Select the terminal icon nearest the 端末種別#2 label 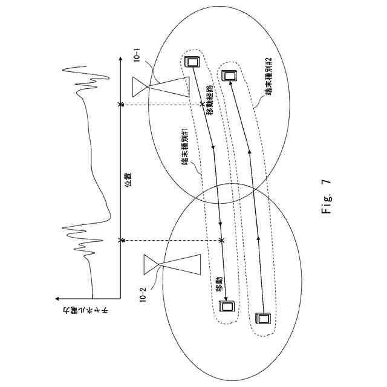228,76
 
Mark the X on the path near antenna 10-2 222,241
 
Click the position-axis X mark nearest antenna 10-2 122,241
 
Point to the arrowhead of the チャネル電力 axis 56,298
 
